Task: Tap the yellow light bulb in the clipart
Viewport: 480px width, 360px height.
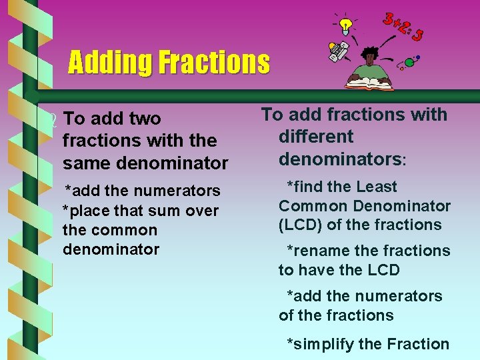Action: click(345, 26)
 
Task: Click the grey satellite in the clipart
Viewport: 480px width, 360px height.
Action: click(338, 51)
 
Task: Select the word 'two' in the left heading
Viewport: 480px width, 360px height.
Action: click(145, 119)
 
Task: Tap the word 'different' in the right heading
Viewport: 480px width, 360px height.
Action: click(316, 137)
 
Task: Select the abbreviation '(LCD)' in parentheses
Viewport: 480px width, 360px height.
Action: click(300, 225)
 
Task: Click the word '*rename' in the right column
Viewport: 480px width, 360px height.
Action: click(317, 251)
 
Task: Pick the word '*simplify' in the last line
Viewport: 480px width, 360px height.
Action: click(320, 345)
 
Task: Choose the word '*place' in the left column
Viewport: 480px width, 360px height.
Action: click(85, 211)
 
